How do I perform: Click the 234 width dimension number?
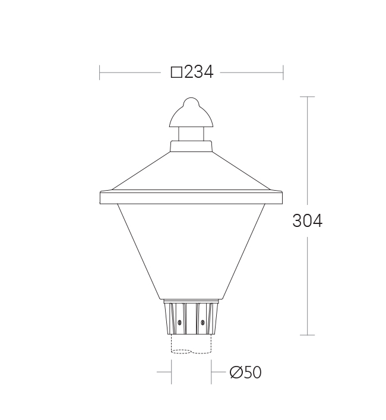tap(199, 72)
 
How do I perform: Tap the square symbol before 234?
tap(176, 72)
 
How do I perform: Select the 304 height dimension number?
tap(307, 221)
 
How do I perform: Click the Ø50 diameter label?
tap(245, 372)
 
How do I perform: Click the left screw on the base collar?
tap(179, 322)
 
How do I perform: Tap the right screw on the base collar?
tap(203, 322)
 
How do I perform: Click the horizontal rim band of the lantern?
tap(191, 197)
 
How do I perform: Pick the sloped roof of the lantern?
tap(191, 171)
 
